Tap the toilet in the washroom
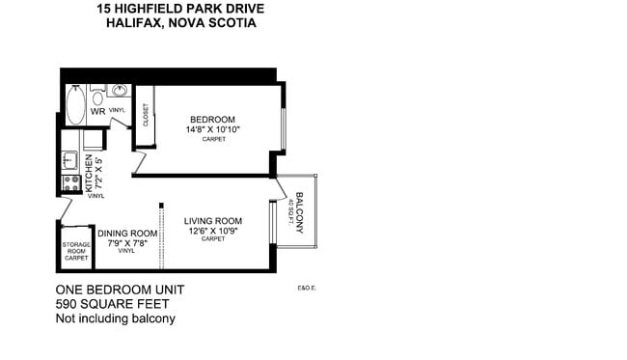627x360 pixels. point(97,97)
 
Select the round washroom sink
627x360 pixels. point(120,93)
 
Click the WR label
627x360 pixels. point(97,112)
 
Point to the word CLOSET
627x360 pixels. point(146,116)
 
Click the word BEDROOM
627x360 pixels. point(212,120)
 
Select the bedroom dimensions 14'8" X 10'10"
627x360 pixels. point(213,129)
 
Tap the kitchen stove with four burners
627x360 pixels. point(70,181)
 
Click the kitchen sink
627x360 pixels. point(69,159)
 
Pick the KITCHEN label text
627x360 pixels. point(87,172)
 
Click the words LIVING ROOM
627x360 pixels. point(213,221)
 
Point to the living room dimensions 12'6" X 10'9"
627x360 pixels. point(213,231)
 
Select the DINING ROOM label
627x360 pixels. point(127,234)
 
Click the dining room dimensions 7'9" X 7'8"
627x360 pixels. point(126,243)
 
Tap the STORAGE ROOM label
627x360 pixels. point(76,248)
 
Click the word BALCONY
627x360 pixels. point(300,212)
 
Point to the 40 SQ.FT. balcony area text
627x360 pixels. point(289,213)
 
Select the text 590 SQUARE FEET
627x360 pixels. point(116,304)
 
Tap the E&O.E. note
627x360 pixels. point(308,288)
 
